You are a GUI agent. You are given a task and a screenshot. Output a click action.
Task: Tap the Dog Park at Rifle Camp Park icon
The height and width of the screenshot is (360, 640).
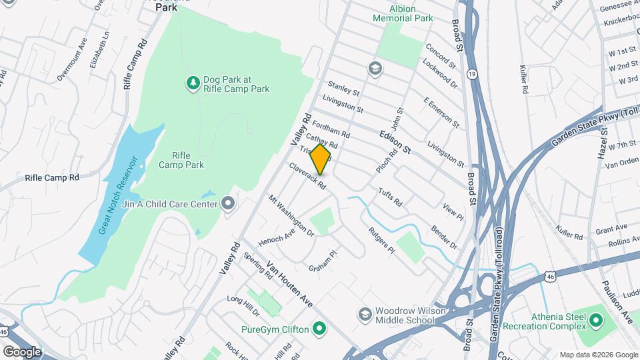(x=193, y=83)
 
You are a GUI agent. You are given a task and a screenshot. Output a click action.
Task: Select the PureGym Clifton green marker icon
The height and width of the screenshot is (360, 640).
(x=319, y=329)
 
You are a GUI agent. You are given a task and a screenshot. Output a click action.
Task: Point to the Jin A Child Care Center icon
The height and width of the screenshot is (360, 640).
(x=229, y=203)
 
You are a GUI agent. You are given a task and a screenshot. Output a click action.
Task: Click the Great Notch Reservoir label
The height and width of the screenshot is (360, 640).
(x=118, y=195)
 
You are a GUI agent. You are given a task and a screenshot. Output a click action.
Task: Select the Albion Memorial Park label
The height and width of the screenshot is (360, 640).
(x=403, y=14)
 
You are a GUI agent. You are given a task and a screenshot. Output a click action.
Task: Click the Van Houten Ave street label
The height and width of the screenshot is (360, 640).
(x=289, y=283)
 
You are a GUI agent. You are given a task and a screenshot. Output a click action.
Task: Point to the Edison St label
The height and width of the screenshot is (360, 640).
(x=395, y=142)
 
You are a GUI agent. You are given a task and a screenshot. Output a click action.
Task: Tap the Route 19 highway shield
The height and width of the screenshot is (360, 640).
(x=472, y=73)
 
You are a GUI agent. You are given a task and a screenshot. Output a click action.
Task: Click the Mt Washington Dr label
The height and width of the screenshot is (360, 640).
(x=291, y=216)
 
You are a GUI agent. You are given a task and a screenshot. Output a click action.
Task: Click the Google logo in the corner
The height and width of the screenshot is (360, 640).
(x=22, y=351)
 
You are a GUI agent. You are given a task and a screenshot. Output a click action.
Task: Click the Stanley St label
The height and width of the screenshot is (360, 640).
(x=343, y=88)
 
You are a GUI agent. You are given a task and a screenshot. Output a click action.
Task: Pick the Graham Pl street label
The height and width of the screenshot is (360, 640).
(x=325, y=260)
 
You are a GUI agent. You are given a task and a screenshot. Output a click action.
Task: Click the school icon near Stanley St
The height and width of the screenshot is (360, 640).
(x=374, y=69)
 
